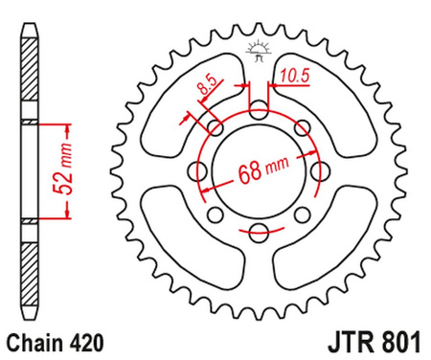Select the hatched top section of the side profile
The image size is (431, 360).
pyautogui.click(x=30, y=77)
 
